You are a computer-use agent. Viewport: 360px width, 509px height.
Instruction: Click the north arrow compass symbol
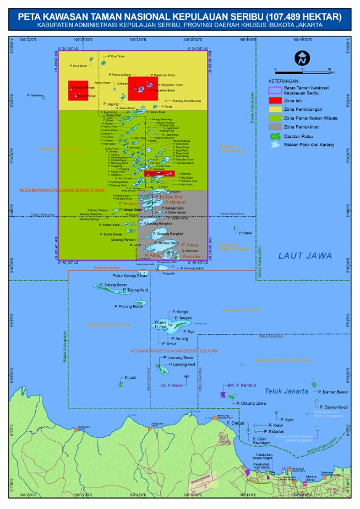tap(301, 59)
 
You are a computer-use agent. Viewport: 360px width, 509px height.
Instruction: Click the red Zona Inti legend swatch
tap(275, 100)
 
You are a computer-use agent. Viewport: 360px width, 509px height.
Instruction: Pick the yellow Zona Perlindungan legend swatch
tap(275, 108)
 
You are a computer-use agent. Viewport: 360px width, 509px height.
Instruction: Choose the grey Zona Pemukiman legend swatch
tap(275, 126)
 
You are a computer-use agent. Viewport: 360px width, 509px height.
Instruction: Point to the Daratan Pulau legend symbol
tap(275, 136)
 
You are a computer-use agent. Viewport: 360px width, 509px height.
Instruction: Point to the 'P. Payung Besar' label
tap(129, 306)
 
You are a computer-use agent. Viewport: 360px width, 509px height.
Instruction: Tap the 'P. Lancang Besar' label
tap(181, 357)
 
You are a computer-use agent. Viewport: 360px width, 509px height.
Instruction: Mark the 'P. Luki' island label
tap(129, 377)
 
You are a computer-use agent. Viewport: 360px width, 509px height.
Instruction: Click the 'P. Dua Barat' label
tap(79, 66)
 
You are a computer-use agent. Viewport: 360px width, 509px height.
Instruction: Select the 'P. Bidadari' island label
tap(272, 431)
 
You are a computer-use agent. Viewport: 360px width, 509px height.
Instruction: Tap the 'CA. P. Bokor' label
tap(172, 385)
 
